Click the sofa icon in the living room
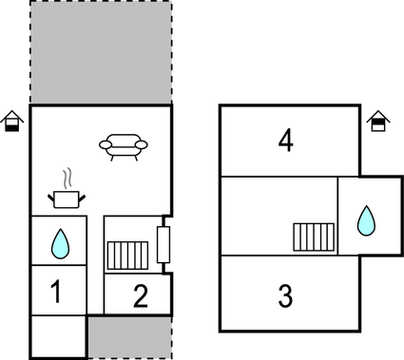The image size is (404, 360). click(125, 145)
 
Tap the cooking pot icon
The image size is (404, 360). click(67, 199)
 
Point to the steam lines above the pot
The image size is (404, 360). click(67, 178)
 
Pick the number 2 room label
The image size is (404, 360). click(140, 297)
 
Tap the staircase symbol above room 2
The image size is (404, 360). click(127, 254)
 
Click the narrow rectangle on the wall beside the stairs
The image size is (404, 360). click(163, 245)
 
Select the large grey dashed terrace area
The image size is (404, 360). click(101, 52)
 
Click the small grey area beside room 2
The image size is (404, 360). click(130, 336)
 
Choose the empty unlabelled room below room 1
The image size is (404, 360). click(57, 336)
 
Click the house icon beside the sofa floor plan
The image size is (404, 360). click(12, 121)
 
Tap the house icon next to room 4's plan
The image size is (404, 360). click(377, 121)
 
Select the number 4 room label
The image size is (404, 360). click(285, 141)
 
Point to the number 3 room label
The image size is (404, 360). click(285, 295)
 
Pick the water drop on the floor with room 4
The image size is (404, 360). click(366, 222)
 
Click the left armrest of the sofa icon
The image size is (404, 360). click(106, 144)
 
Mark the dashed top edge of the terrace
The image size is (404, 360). click(101, 2)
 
